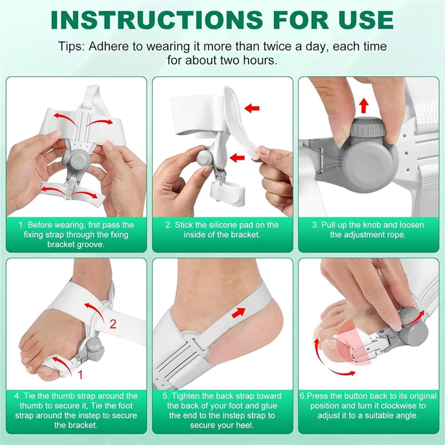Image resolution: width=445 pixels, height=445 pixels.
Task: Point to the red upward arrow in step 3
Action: point(364,105)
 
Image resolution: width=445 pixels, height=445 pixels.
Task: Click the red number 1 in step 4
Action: point(80,374)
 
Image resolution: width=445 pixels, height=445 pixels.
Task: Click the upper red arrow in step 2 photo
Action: point(252,107)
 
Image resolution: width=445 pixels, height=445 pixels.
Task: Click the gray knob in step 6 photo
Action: point(416,330)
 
